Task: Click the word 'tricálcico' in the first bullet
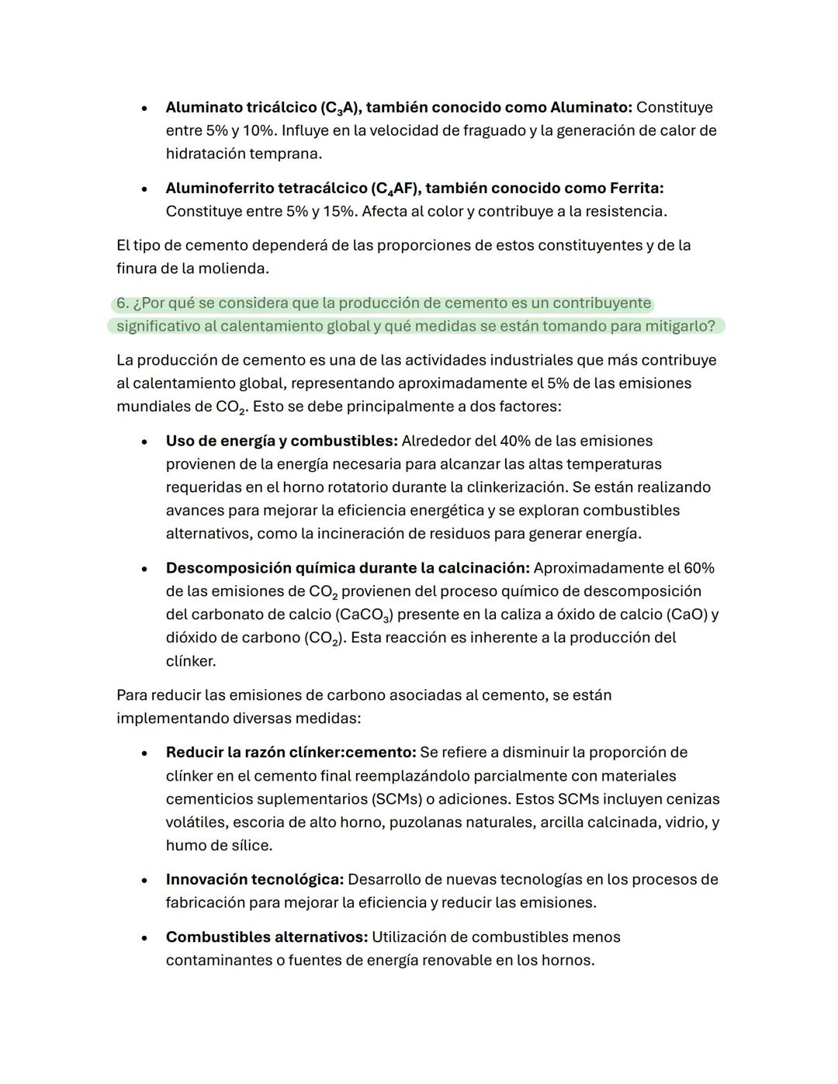coord(280,107)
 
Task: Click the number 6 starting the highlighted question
coord(122,303)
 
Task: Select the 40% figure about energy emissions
coord(515,441)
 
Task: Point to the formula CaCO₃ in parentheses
coord(365,615)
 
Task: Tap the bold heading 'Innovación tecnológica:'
coord(255,879)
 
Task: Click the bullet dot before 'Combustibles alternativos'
coord(144,937)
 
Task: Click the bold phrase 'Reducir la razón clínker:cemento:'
coord(291,752)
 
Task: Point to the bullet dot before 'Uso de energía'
coord(144,442)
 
